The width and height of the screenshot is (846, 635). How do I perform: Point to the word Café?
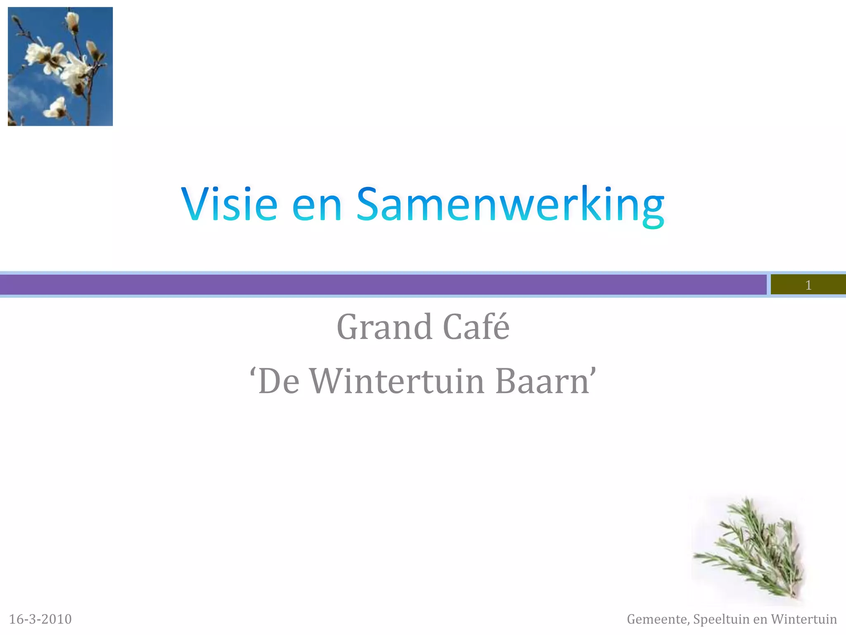476,327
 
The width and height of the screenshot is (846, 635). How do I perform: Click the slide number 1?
808,285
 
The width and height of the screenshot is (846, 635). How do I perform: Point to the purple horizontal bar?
372,284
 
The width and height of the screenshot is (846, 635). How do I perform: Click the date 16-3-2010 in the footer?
40,619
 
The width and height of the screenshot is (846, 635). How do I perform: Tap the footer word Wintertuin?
804,619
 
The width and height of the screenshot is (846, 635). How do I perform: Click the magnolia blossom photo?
60,66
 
